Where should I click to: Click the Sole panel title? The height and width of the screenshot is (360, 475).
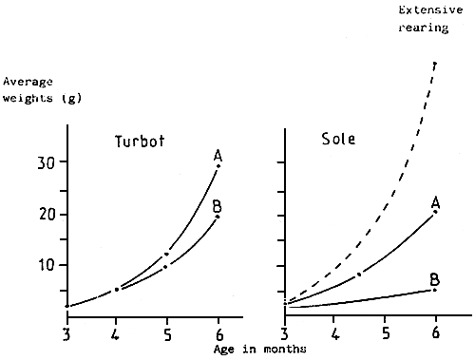tap(338, 139)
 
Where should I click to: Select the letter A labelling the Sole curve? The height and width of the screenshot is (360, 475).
tap(434, 201)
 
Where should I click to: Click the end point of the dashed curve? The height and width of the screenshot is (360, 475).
tap(435, 64)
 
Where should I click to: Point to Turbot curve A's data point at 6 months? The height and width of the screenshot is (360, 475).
tap(218, 166)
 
